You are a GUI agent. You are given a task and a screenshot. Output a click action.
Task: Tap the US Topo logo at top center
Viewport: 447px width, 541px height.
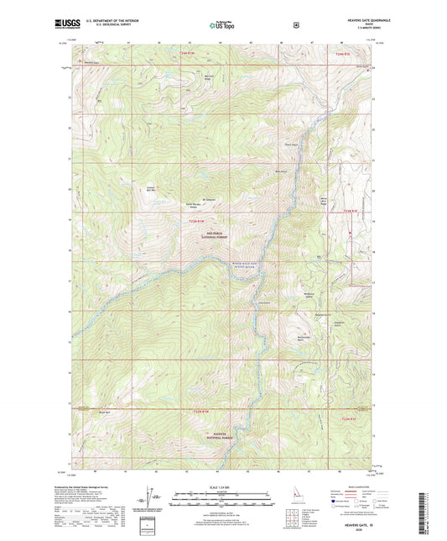tap(222, 25)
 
